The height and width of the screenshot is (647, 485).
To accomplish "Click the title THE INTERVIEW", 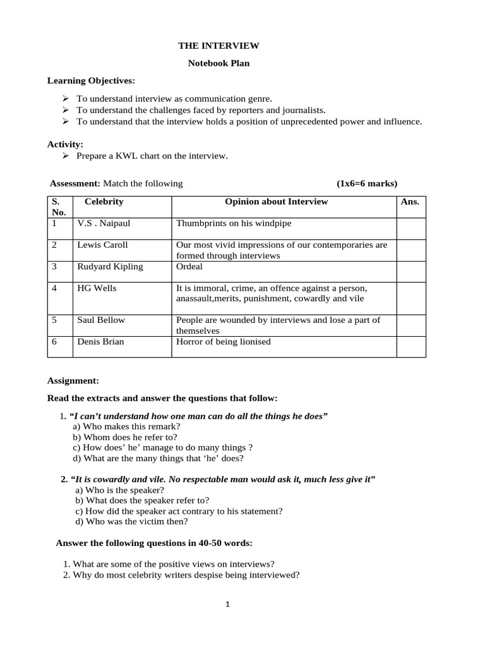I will pyautogui.click(x=219, y=46).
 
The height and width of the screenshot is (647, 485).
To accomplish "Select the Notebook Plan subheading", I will pyautogui.click(x=219, y=64).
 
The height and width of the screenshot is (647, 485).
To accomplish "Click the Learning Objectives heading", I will pyautogui.click(x=91, y=82).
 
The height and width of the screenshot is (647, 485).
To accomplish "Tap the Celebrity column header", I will pyautogui.click(x=104, y=202).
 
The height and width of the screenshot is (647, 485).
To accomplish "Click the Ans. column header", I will pyautogui.click(x=410, y=202).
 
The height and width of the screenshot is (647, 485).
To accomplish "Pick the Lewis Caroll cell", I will pyautogui.click(x=102, y=245).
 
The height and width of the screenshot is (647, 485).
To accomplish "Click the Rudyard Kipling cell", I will pyautogui.click(x=110, y=267).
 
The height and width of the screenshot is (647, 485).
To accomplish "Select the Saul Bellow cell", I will pyautogui.click(x=101, y=320).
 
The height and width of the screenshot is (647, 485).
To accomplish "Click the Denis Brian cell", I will pyautogui.click(x=100, y=342).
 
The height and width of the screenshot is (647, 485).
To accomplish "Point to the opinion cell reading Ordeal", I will pyautogui.click(x=189, y=267).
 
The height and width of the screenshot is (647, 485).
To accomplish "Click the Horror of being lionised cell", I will pyautogui.click(x=224, y=342).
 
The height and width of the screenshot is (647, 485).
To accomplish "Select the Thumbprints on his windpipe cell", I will pyautogui.click(x=234, y=224).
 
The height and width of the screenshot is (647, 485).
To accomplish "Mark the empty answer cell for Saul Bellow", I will pyautogui.click(x=410, y=325).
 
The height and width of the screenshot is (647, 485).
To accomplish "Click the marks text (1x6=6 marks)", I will pyautogui.click(x=367, y=184).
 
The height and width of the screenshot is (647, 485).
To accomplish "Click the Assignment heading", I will pyautogui.click(x=73, y=381).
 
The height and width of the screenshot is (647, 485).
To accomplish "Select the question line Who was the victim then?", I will pyautogui.click(x=131, y=522).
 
